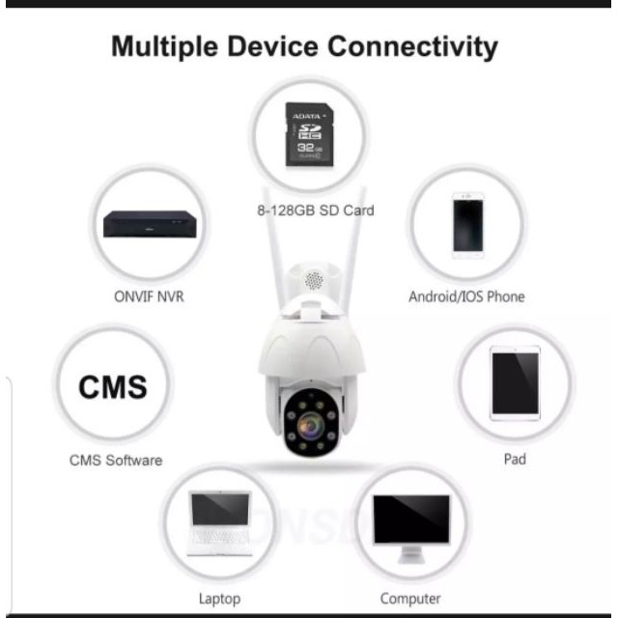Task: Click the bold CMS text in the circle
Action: (x=113, y=387)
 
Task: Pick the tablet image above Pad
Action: (x=514, y=382)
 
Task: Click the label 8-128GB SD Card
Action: (x=310, y=210)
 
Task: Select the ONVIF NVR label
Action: (x=143, y=296)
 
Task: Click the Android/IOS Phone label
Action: (x=466, y=296)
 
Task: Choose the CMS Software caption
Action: (x=116, y=460)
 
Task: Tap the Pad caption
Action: (x=515, y=460)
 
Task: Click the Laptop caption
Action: (x=219, y=599)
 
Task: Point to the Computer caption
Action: (x=410, y=599)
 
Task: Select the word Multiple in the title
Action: (x=168, y=45)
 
